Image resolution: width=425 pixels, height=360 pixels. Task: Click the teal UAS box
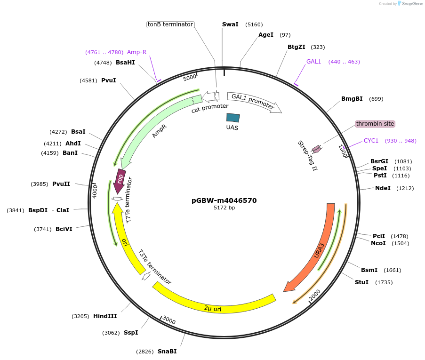click(233, 118)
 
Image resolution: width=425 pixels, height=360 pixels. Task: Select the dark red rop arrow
click(120, 180)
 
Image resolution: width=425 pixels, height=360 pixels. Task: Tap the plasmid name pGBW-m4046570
click(224, 200)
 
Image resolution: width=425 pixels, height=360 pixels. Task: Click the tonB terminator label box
click(170, 24)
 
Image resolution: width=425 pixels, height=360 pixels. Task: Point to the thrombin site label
click(375, 124)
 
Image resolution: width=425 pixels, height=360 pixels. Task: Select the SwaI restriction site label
click(231, 24)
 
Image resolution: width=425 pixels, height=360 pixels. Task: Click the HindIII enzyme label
click(105, 316)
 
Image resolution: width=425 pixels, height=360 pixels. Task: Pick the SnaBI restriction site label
click(167, 352)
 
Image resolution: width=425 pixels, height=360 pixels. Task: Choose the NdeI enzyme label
click(383, 188)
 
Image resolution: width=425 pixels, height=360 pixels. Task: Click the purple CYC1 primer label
click(371, 141)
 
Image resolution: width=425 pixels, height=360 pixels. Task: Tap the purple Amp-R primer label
click(136, 52)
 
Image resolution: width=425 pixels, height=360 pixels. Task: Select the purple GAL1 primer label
click(313, 62)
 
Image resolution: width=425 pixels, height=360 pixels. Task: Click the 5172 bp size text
click(224, 208)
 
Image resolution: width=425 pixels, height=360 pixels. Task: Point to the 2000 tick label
click(315, 295)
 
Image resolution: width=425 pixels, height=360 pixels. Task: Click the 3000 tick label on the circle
click(169, 321)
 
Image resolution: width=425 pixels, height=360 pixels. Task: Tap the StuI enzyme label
click(361, 282)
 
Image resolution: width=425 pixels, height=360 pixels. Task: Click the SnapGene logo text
click(411, 4)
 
